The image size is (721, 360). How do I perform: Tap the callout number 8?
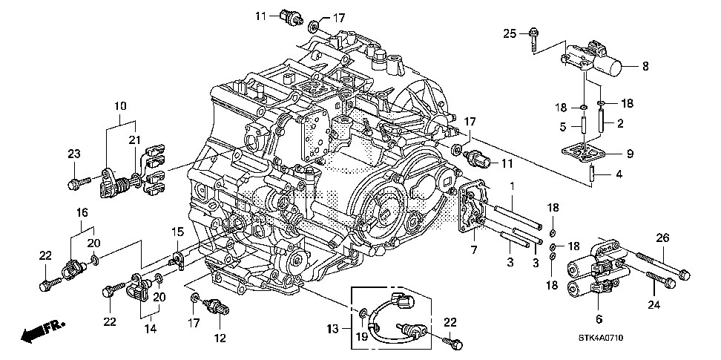point(645,66)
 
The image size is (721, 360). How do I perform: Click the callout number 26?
point(663,238)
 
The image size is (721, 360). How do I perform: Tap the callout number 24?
point(653,304)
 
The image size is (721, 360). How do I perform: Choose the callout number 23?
point(73,154)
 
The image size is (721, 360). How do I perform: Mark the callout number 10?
point(119,107)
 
